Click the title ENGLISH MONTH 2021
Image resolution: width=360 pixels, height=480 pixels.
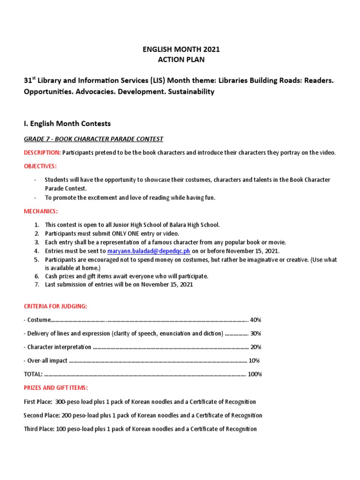[180, 49]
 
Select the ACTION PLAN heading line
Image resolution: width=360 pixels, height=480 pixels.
[180, 60]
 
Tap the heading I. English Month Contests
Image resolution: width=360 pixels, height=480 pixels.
[67, 124]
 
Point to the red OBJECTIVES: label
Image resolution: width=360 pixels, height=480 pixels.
[40, 166]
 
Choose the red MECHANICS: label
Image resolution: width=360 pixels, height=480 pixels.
[41, 211]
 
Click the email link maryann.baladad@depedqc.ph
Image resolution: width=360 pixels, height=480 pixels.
[149, 251]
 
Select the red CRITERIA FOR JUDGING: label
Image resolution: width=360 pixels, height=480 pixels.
[55, 306]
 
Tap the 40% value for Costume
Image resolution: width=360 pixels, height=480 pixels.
[255, 320]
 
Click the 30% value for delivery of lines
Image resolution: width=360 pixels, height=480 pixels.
[255, 333]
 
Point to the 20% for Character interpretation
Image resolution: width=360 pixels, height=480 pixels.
[255, 347]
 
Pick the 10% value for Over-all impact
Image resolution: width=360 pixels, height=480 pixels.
[254, 360]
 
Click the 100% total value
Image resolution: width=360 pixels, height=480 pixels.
[255, 374]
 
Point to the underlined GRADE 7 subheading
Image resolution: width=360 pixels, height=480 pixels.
[93, 139]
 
